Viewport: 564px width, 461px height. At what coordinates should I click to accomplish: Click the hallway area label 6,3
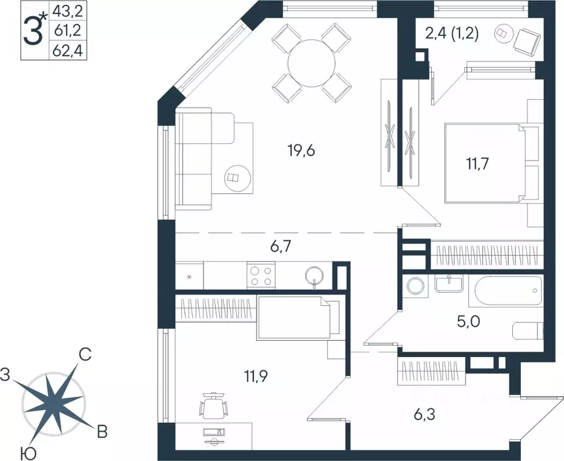tap(425, 415)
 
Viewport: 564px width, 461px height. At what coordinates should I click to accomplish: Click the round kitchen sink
tap(315, 276)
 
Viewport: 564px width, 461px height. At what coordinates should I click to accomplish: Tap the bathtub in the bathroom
tap(508, 290)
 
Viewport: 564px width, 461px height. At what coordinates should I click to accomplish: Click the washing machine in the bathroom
tap(415, 289)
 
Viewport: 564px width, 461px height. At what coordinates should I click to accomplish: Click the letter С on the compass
tap(85, 355)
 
